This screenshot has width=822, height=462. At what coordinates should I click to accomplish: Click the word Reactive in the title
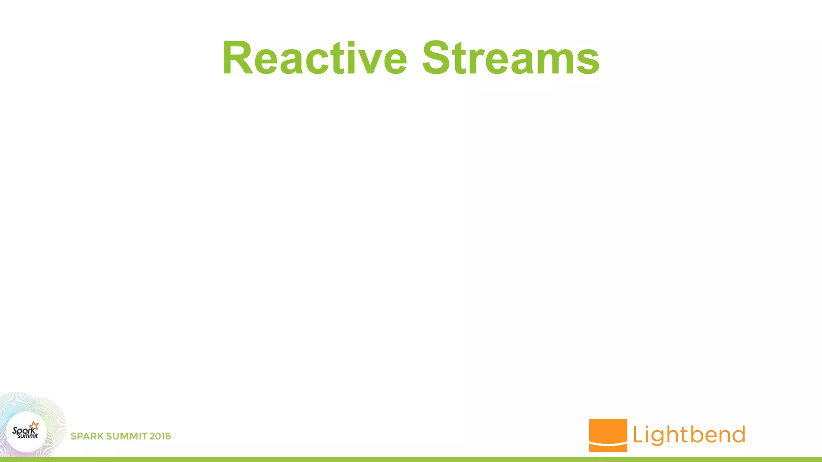(x=315, y=58)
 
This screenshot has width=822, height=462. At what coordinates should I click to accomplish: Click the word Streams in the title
(x=511, y=58)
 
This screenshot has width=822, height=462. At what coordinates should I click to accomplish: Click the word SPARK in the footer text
(x=87, y=436)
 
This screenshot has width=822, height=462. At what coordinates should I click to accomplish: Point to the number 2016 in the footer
(x=160, y=436)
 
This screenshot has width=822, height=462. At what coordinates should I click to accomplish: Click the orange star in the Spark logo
(x=34, y=426)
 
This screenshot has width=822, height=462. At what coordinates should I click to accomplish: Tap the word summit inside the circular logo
(x=28, y=436)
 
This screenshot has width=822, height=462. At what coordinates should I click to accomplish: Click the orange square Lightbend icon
(x=608, y=431)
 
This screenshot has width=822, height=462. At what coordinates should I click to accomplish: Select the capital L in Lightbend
(x=638, y=435)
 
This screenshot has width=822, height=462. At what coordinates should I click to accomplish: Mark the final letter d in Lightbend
(x=738, y=435)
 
